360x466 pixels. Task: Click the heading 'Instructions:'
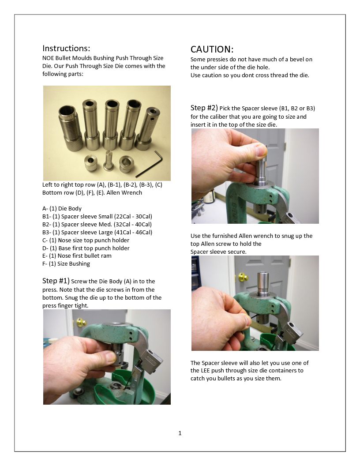point(66,48)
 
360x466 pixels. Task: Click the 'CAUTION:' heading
point(212,49)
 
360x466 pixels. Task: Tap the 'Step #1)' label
point(56,281)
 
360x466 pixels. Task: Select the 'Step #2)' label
point(204,108)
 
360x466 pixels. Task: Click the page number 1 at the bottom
point(180,433)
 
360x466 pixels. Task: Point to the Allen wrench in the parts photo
point(150,163)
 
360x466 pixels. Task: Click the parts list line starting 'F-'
point(66,264)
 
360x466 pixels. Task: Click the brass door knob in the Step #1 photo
point(81,322)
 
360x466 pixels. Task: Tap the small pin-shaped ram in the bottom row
point(109,161)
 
